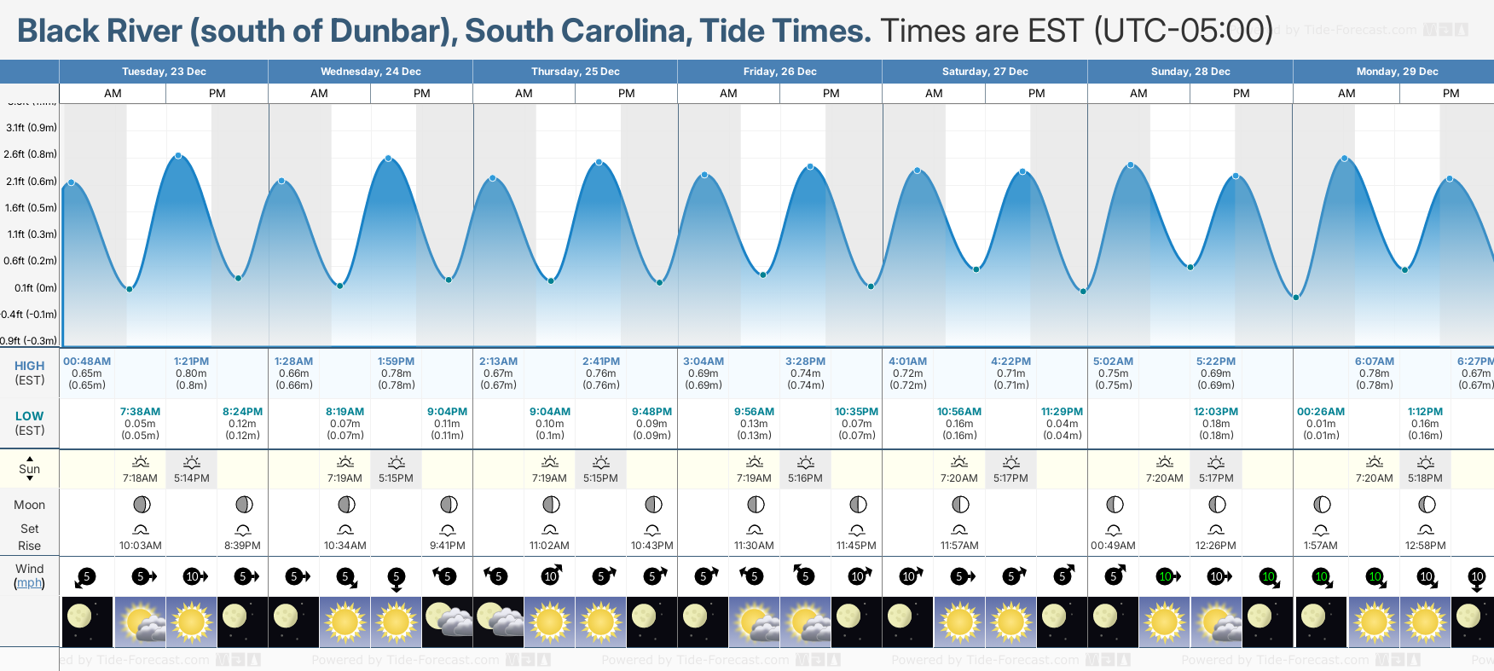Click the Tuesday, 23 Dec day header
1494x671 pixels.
(x=164, y=72)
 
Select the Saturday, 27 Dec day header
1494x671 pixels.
(x=985, y=72)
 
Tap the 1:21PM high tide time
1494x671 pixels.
(x=191, y=362)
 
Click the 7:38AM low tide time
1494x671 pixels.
(x=140, y=412)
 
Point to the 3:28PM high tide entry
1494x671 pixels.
(x=805, y=362)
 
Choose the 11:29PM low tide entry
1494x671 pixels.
(x=1062, y=412)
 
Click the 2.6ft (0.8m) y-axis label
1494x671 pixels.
(x=30, y=154)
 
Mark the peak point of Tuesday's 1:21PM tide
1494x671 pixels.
(x=178, y=155)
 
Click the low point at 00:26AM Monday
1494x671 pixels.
(x=1296, y=298)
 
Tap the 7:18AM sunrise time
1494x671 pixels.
(x=140, y=478)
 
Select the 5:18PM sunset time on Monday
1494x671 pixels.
(x=1425, y=478)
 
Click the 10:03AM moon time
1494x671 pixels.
(x=140, y=546)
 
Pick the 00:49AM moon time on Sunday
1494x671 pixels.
(x=1113, y=546)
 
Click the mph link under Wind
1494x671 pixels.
(x=29, y=583)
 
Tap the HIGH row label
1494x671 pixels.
(x=29, y=366)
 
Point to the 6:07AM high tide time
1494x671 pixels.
(x=1374, y=362)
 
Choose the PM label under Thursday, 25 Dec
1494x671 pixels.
(x=627, y=94)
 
